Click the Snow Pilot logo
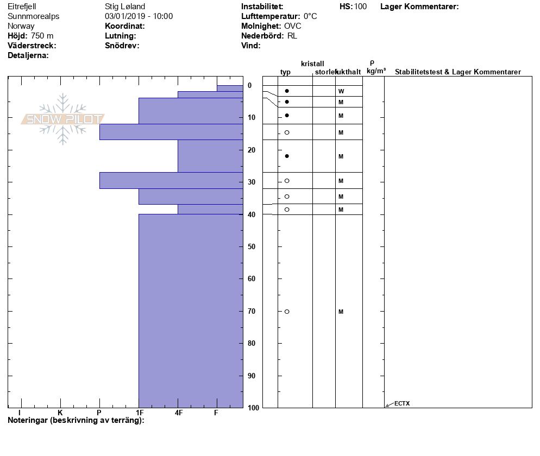coord(63,119)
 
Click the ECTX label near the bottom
coord(402,403)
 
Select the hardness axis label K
coord(60,413)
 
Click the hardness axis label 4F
coord(178,413)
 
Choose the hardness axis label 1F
coord(140,413)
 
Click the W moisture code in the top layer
coord(341,91)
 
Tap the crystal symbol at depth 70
coord(287,312)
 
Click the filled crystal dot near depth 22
coord(287,156)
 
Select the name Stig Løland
coord(125,7)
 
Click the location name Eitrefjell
coord(23,7)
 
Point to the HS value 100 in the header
coord(360,7)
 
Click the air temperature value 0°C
coord(310,16)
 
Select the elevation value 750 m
coord(42,36)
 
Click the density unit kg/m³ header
coord(376,71)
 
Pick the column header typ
coord(285,72)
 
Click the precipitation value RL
coord(292,36)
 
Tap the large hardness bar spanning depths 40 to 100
coord(191,311)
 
